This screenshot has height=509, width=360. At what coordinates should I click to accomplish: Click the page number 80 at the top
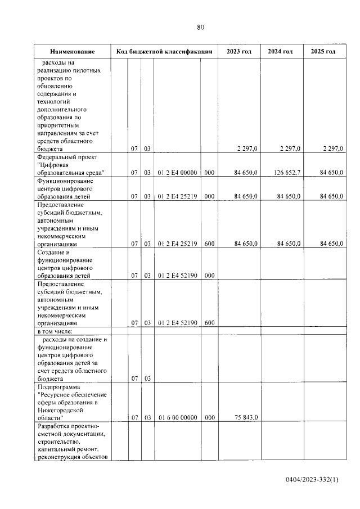coord(201,27)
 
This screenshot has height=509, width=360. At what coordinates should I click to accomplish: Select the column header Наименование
coord(71,51)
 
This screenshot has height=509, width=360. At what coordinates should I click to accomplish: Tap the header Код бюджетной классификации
coord(164,51)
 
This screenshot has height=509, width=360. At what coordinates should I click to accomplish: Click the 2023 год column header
coord(239,51)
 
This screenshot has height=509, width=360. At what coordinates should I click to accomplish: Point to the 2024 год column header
coord(280,51)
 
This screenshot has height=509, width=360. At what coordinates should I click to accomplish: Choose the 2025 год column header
coord(323,51)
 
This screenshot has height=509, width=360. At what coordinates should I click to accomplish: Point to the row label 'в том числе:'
coord(55,331)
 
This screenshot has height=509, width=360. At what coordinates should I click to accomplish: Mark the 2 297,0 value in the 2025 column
coord(332,148)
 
